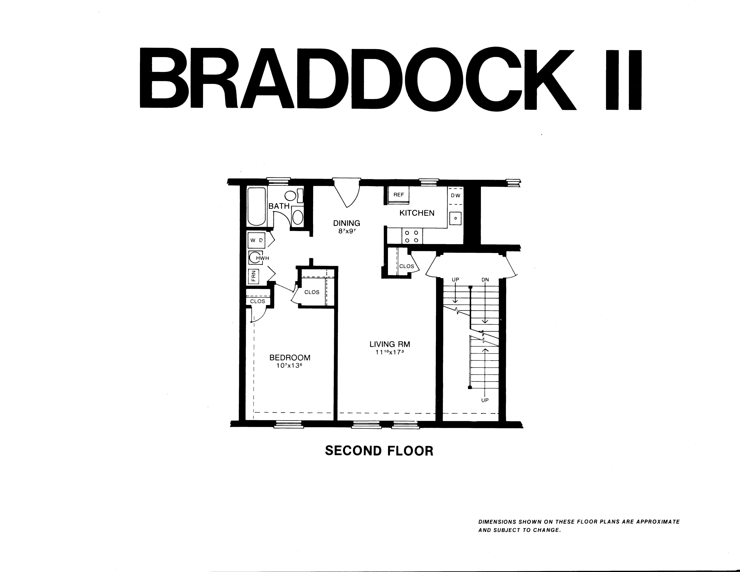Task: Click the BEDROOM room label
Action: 290,358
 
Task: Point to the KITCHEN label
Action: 417,213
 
